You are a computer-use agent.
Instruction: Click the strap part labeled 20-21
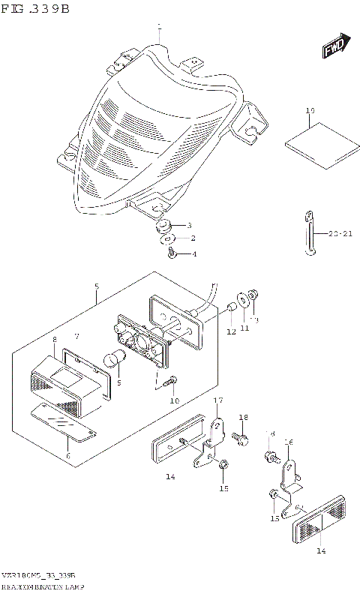[x=309, y=235]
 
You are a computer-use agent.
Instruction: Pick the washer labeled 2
[x=167, y=239]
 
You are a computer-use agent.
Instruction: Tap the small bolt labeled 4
[x=171, y=253]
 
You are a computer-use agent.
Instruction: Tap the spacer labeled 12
[x=232, y=307]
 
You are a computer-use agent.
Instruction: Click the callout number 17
[x=218, y=402]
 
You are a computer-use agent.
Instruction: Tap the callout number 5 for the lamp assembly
[x=96, y=287]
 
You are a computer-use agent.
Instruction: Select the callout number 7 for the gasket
[x=76, y=336]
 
